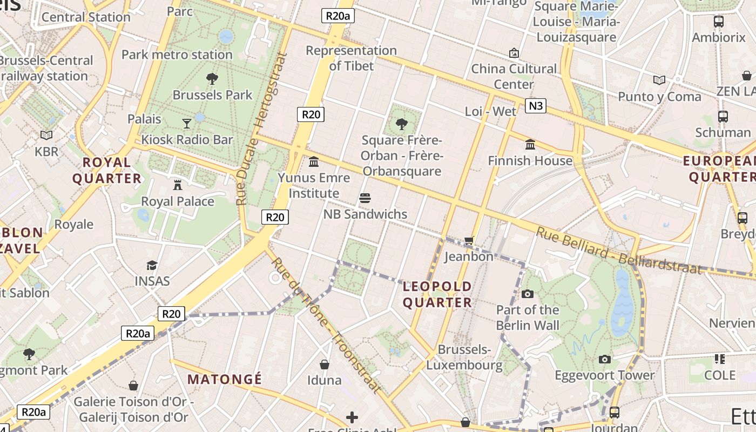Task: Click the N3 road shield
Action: (535, 105)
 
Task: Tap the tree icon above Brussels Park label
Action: (212, 79)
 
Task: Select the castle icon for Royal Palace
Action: (177, 185)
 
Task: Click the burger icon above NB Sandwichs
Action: (365, 198)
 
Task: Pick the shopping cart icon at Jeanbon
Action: (469, 240)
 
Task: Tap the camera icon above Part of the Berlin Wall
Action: (527, 294)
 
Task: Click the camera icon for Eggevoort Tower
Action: (605, 359)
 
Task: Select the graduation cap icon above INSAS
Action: (152, 265)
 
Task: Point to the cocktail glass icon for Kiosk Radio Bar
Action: (187, 124)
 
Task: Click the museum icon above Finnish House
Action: (530, 145)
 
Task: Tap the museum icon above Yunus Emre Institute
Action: (313, 161)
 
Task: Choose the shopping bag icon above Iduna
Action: (324, 364)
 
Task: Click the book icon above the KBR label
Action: (46, 135)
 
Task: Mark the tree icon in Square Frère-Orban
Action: (401, 124)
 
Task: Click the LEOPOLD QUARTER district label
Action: (437, 294)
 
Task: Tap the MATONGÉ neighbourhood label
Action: (224, 379)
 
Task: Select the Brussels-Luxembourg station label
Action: (464, 357)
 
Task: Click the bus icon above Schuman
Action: (723, 116)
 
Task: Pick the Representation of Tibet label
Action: (352, 58)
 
